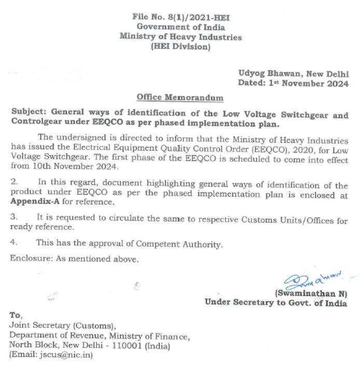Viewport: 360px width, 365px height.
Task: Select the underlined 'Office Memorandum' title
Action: coord(180,97)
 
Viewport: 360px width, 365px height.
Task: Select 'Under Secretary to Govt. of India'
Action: coord(276,303)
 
